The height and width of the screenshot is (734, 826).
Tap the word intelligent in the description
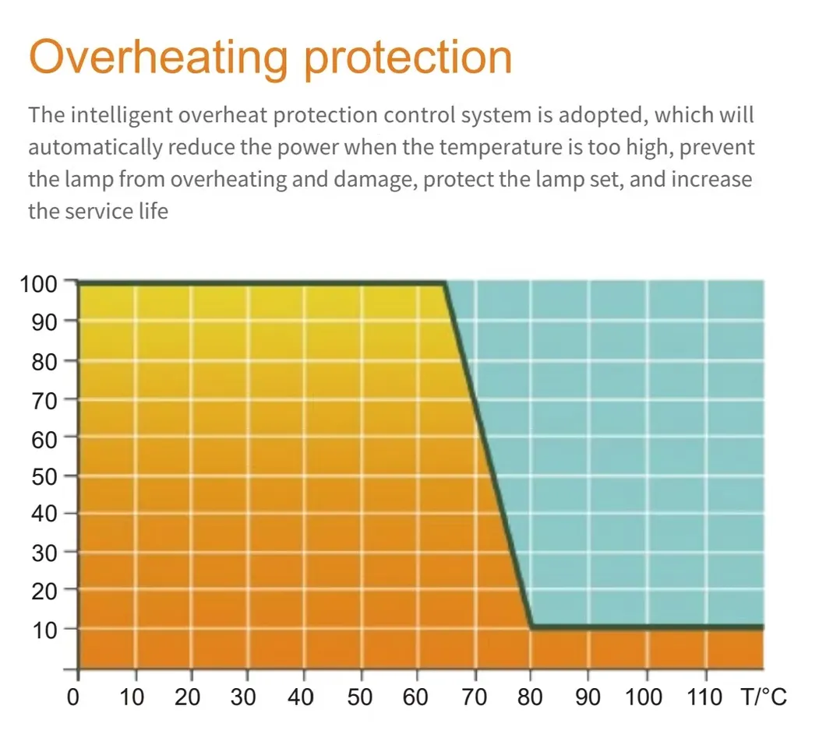pos(125,116)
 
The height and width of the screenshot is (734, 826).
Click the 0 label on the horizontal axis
pos(74,695)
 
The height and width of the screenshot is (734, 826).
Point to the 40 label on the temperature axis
pos(302,695)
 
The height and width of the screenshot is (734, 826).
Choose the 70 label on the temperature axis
pos(474,695)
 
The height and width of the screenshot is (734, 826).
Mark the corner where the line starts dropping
pos(445,284)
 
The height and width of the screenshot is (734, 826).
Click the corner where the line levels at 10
pos(531,627)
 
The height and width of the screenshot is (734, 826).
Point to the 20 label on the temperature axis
pos(188,695)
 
